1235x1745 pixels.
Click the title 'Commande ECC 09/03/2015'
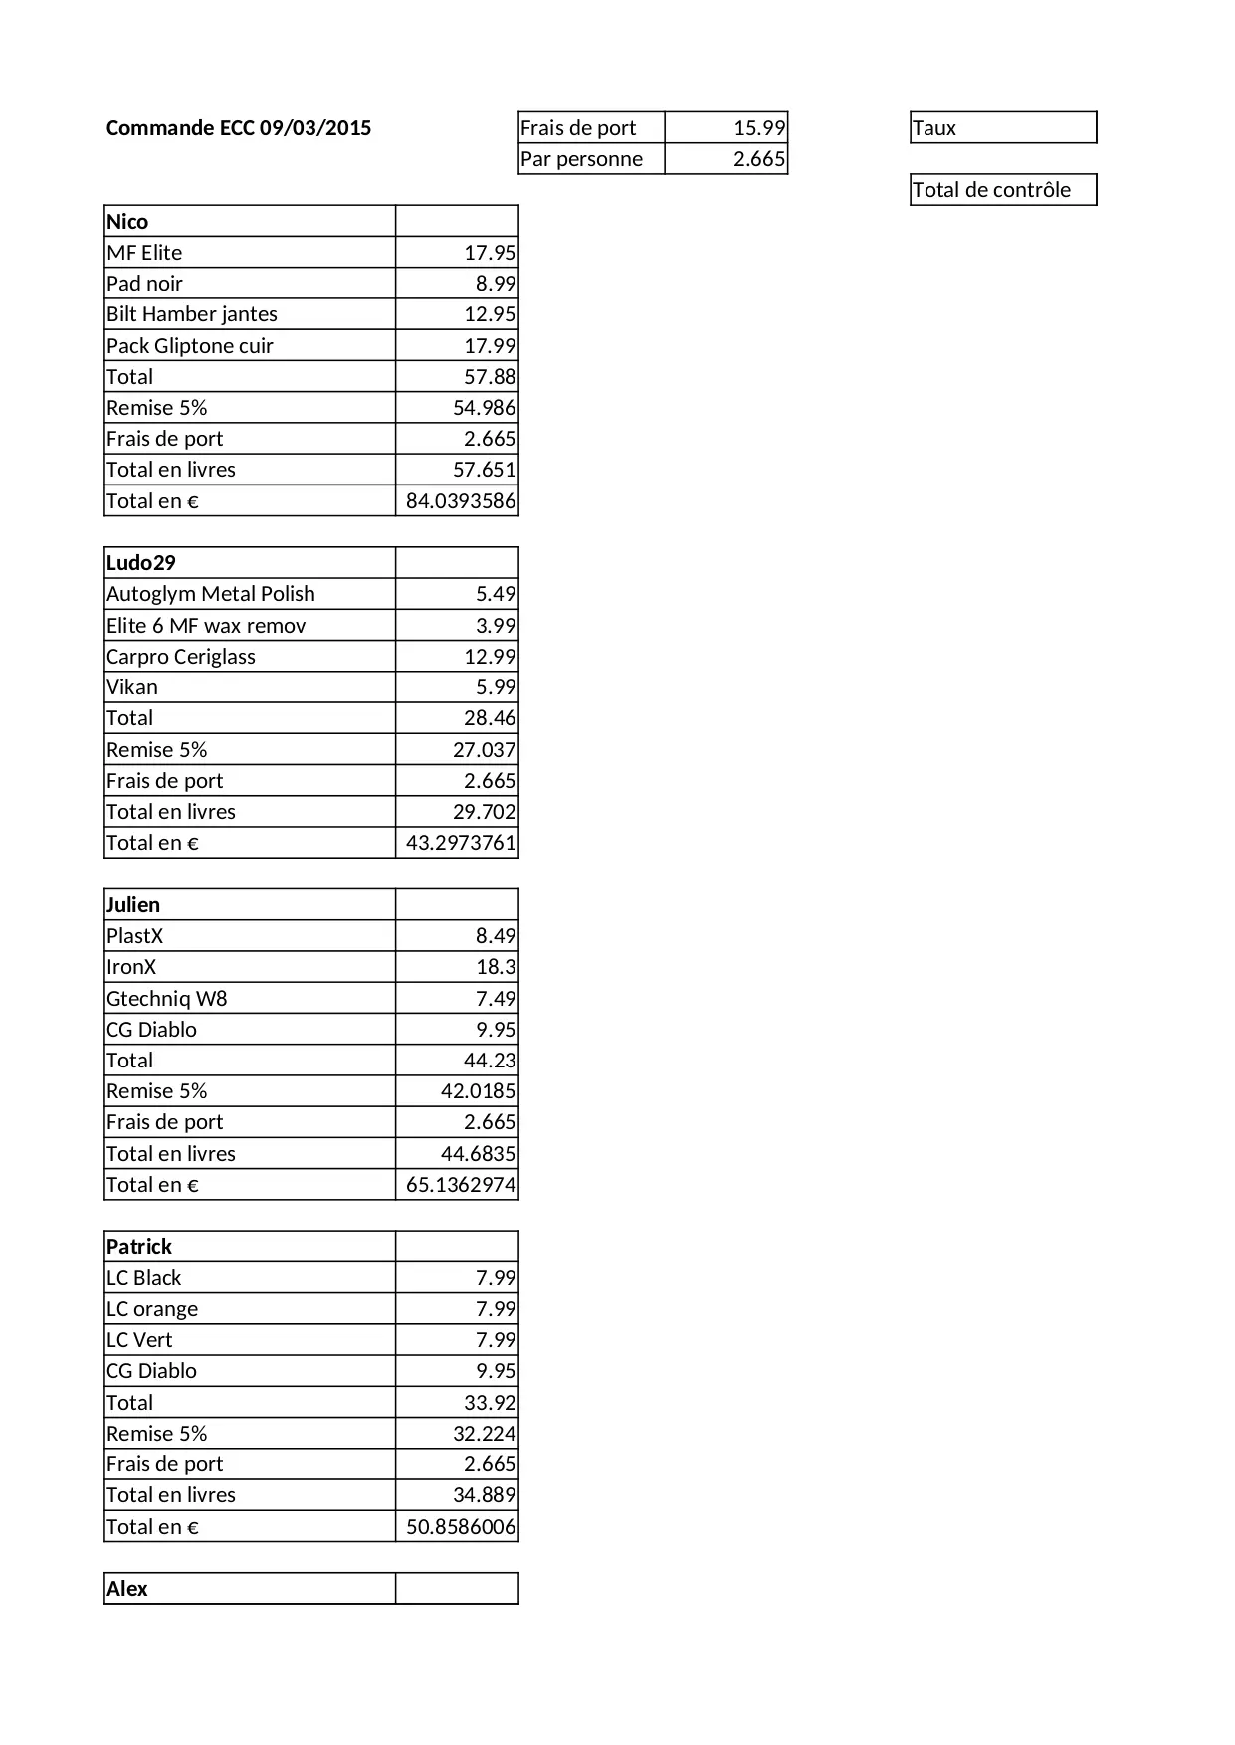click(239, 128)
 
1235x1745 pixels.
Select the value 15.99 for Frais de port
click(759, 128)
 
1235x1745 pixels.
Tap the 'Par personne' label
click(582, 159)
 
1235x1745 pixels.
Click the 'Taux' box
click(1002, 128)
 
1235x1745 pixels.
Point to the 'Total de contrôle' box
click(1002, 190)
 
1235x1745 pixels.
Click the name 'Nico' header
click(127, 222)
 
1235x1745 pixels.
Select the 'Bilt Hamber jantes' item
click(192, 314)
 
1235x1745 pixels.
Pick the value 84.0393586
click(461, 501)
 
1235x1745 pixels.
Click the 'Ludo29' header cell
click(141, 563)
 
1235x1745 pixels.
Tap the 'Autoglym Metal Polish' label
click(211, 594)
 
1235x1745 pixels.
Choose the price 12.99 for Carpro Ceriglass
click(490, 657)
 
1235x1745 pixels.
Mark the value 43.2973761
click(461, 843)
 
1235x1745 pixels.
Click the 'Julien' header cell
click(133, 905)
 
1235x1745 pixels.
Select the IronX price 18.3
click(496, 967)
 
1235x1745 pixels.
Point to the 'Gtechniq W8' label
click(167, 999)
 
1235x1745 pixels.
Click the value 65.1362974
click(461, 1185)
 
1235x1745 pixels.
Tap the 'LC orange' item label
click(152, 1309)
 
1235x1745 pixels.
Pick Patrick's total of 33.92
click(490, 1403)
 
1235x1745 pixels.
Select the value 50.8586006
click(461, 1527)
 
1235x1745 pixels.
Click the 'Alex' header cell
click(127, 1589)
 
